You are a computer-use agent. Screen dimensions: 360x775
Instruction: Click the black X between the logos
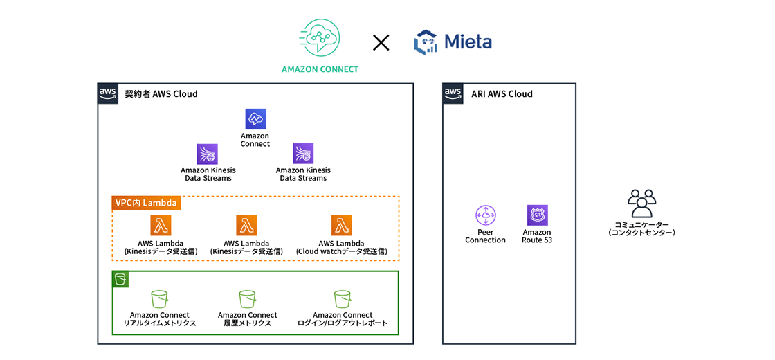pyautogui.click(x=381, y=43)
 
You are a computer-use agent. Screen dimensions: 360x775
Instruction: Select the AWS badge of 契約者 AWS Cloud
pyautogui.click(x=107, y=93)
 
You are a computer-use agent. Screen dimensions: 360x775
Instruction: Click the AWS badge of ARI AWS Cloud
pyautogui.click(x=453, y=93)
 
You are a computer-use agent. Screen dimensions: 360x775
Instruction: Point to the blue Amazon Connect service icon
pyautogui.click(x=255, y=119)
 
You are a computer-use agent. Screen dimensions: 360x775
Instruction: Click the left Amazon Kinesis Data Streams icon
pyautogui.click(x=208, y=154)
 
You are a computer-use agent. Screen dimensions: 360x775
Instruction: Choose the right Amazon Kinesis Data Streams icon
pyautogui.click(x=303, y=154)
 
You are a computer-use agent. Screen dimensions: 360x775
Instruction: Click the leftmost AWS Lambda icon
pyautogui.click(x=161, y=226)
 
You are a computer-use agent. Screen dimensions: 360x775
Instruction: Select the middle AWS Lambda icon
pyautogui.click(x=246, y=226)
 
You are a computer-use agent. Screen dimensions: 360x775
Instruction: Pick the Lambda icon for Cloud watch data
pyautogui.click(x=341, y=226)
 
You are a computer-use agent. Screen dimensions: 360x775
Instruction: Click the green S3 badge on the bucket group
pyautogui.click(x=121, y=280)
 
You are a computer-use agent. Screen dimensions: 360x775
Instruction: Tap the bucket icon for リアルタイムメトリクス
pyautogui.click(x=160, y=299)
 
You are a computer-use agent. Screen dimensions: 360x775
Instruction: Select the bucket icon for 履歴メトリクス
pyautogui.click(x=248, y=299)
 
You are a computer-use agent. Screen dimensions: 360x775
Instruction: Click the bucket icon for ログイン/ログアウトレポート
pyautogui.click(x=342, y=299)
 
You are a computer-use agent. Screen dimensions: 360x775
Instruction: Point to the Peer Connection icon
pyautogui.click(x=485, y=215)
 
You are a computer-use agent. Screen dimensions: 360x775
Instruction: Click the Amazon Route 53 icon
pyautogui.click(x=537, y=215)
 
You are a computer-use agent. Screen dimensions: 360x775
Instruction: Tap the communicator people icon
pyautogui.click(x=641, y=204)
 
